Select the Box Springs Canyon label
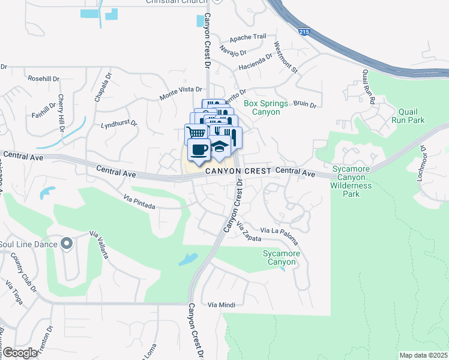point(266,107)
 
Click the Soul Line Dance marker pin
point(66,244)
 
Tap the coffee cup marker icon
point(199,149)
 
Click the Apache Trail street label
point(247,37)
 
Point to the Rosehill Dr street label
point(43,79)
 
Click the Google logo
point(20,352)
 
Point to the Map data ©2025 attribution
point(423,355)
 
